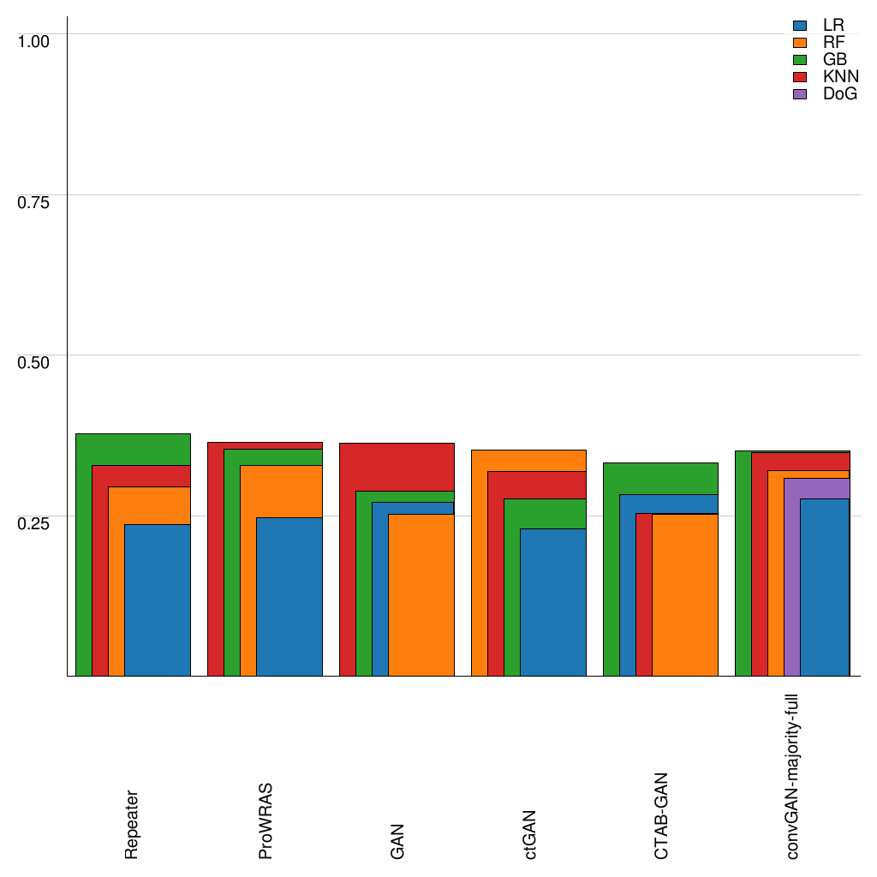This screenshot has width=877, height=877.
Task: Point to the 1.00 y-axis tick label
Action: tap(34, 40)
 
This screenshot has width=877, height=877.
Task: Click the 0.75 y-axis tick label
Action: tap(34, 201)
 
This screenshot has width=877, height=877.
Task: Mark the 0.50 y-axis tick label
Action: tap(34, 361)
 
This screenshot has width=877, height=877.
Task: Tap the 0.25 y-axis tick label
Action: tap(34, 522)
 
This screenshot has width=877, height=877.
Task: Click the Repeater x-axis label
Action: tap(132, 824)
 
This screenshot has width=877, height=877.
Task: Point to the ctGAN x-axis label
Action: tap(529, 834)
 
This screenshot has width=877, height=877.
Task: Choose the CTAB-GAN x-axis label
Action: tap(661, 816)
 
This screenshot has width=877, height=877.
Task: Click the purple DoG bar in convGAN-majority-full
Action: tap(791, 582)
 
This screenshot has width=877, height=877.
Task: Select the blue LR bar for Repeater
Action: tap(157, 600)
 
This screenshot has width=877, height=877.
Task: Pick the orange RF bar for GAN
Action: tap(421, 595)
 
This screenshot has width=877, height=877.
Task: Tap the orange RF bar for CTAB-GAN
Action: tap(685, 595)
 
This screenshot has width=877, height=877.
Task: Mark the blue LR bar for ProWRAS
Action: tap(289, 597)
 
